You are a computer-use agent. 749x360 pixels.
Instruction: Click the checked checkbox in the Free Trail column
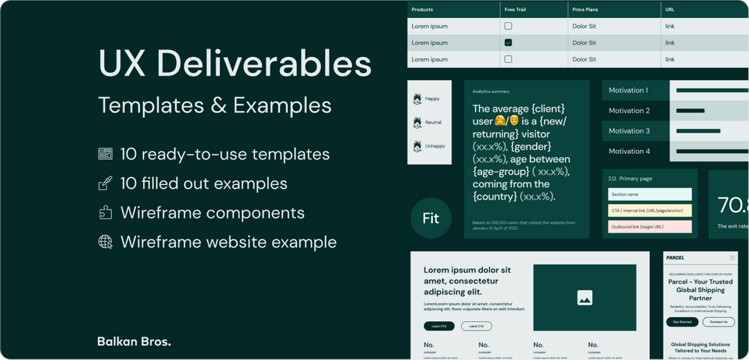508,43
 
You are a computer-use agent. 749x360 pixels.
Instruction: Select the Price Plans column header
585,10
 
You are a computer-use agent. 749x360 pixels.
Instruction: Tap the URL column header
669,10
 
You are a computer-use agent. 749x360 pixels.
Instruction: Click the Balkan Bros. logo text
134,341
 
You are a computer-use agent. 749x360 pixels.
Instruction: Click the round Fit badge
431,218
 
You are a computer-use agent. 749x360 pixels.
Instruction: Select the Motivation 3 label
629,131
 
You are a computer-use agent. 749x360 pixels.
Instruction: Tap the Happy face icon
417,99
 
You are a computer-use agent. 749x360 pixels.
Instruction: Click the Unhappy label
435,146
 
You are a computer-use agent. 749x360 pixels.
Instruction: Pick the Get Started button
681,322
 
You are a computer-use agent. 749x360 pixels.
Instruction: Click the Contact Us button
718,322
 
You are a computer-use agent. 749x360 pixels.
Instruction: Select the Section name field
650,194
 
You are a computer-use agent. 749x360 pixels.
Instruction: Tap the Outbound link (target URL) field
650,227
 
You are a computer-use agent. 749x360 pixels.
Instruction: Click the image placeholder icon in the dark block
585,298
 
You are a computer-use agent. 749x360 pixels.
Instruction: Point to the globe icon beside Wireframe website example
105,242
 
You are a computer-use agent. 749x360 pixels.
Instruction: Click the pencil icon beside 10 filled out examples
105,183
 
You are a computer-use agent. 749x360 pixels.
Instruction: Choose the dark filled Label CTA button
439,326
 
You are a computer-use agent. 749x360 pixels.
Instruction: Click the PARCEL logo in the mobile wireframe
675,258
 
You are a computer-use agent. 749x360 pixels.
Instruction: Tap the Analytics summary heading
491,92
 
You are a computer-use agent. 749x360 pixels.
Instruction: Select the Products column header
422,10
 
